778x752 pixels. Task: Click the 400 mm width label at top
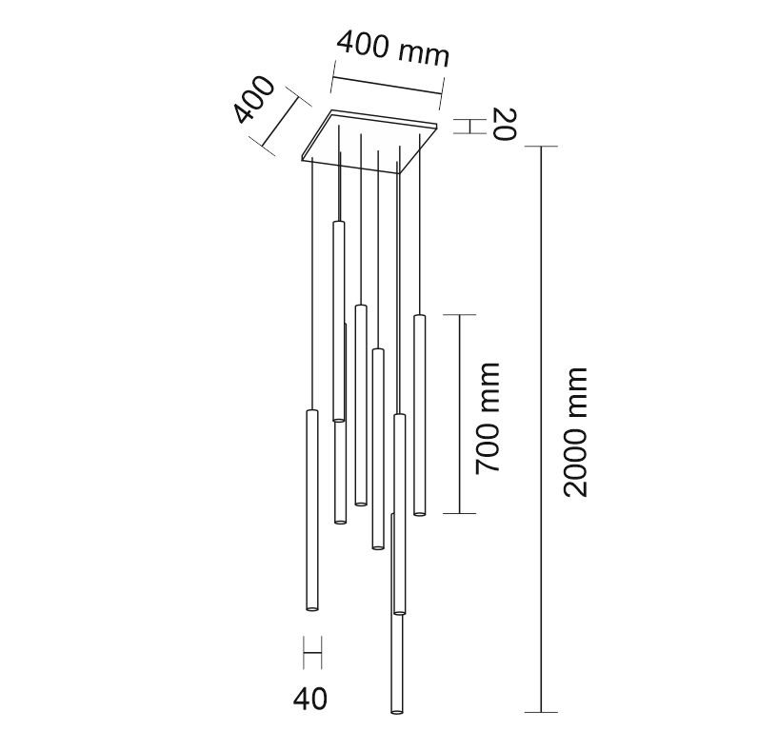click(x=393, y=49)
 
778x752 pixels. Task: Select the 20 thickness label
click(x=505, y=124)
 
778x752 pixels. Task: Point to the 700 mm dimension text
click(x=487, y=418)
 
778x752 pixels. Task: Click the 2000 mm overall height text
click(x=575, y=432)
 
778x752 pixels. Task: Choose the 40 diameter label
click(x=310, y=699)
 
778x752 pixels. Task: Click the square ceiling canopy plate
click(x=369, y=142)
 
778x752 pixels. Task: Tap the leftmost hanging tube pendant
click(x=312, y=510)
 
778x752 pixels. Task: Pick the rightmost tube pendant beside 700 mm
click(x=420, y=415)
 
